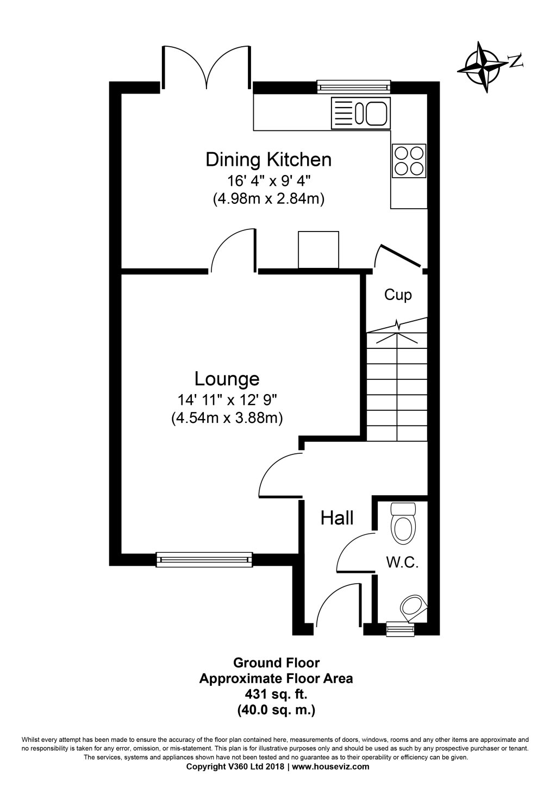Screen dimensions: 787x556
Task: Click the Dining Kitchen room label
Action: click(x=268, y=160)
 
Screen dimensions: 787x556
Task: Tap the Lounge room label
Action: click(x=227, y=378)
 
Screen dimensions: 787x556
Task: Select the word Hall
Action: click(x=337, y=518)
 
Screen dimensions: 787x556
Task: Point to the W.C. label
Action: click(x=402, y=563)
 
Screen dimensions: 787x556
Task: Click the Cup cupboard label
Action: click(x=398, y=295)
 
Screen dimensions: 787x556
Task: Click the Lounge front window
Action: click(x=204, y=559)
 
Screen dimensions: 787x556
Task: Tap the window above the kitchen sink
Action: click(x=354, y=86)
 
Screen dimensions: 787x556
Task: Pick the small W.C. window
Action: click(x=399, y=629)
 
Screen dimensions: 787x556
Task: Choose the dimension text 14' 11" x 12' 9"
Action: click(x=228, y=401)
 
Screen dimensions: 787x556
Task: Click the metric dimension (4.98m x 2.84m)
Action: click(x=268, y=199)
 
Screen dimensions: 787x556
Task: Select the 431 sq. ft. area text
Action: click(x=276, y=694)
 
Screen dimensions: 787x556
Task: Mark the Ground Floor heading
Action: click(x=276, y=663)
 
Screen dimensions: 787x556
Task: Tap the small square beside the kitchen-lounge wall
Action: click(x=318, y=249)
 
